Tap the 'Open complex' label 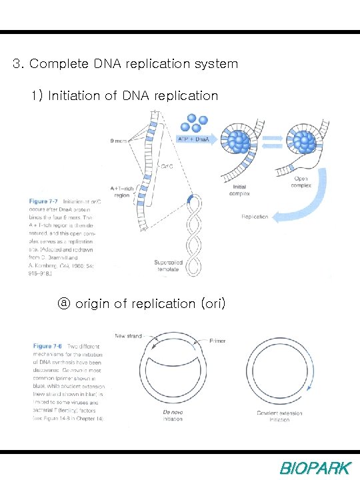[x=301, y=182]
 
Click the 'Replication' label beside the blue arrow [x=255, y=217]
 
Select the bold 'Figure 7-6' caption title [x=51, y=347]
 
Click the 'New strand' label [x=128, y=336]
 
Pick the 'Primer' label [x=217, y=340]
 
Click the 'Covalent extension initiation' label [x=279, y=417]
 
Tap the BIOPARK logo [x=314, y=468]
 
